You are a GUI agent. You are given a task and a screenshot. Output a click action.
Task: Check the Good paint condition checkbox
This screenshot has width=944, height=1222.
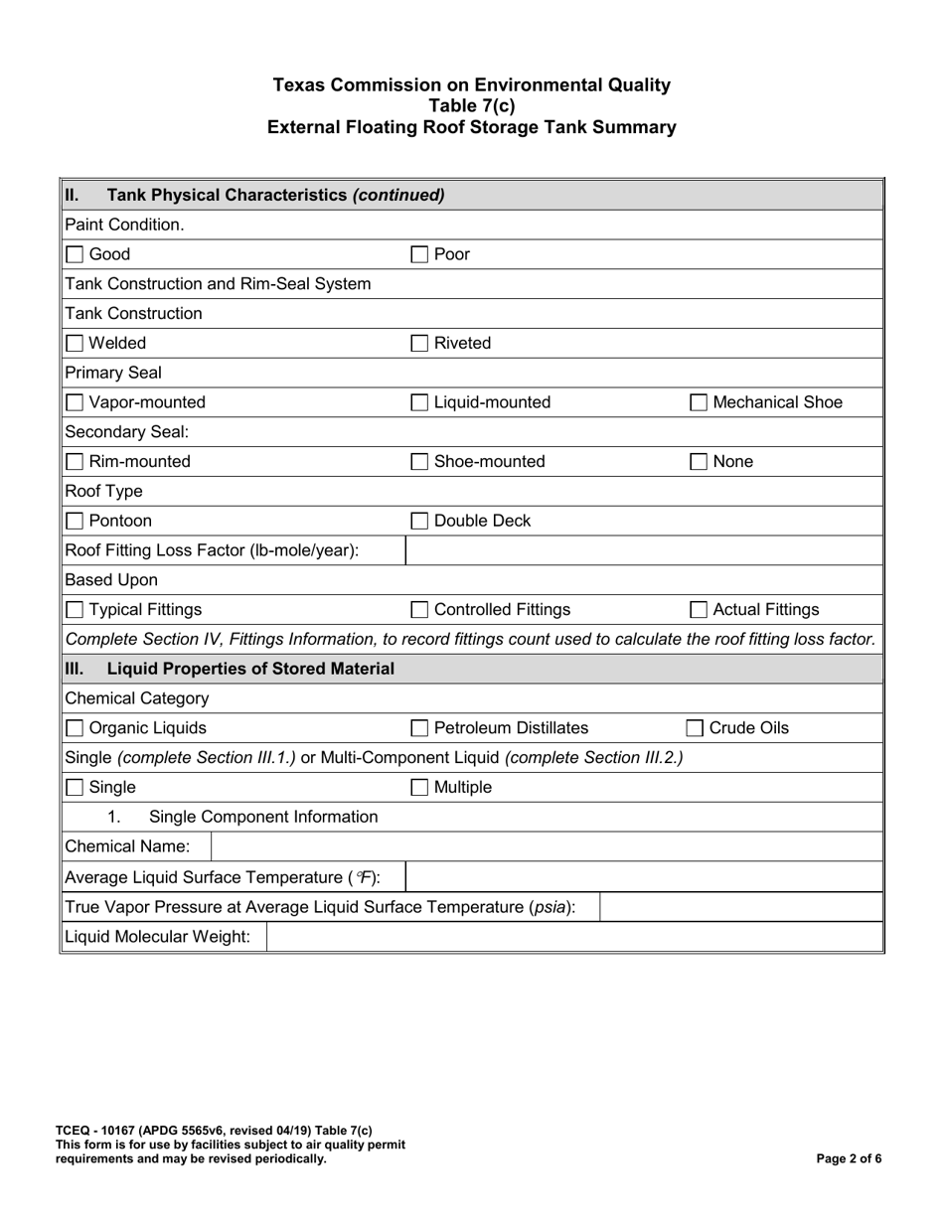(75, 254)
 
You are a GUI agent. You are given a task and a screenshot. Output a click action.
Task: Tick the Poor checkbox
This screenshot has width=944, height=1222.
(420, 254)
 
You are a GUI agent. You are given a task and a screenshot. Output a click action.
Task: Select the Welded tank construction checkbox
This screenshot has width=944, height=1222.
(75, 344)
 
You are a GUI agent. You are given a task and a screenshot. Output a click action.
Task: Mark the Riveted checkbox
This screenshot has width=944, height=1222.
(420, 344)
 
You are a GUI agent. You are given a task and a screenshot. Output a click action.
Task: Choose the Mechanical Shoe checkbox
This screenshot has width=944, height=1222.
(699, 402)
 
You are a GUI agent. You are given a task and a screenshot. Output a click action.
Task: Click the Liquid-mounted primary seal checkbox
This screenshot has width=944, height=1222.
(420, 402)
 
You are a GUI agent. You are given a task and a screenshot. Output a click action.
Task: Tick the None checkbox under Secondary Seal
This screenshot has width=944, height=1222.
(699, 462)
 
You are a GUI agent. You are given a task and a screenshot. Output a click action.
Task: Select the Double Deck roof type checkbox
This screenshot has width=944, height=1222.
(420, 522)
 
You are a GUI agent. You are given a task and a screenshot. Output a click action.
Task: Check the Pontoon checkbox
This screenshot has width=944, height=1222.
(75, 522)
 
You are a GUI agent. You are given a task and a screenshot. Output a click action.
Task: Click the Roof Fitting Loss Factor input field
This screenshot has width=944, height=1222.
(643, 550)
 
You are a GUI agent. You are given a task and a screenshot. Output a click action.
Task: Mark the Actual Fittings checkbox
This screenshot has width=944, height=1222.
(699, 610)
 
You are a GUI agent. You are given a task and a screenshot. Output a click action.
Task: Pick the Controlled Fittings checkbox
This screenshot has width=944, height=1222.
(420, 610)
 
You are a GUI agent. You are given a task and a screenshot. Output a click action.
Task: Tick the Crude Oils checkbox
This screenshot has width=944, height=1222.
(699, 728)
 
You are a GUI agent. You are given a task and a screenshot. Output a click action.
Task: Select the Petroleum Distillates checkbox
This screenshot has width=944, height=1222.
(420, 728)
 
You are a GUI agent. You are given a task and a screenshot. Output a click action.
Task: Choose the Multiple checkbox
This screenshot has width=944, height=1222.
(420, 788)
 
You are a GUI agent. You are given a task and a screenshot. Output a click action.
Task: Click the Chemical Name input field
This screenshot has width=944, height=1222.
(546, 846)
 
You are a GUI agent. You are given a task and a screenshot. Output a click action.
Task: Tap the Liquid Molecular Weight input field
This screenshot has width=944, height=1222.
(573, 936)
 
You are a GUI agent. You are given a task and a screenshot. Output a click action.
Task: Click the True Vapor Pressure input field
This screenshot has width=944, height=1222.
(740, 906)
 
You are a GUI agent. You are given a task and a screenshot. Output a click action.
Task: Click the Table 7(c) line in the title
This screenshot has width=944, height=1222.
(472, 106)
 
